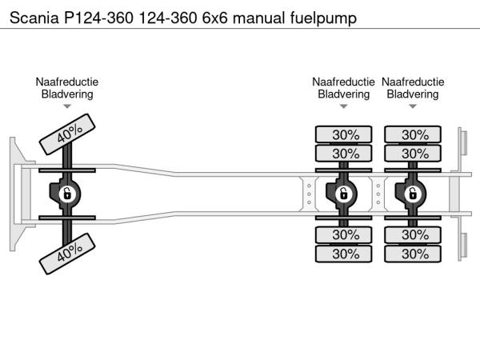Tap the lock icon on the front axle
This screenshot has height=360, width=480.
coord(68,193)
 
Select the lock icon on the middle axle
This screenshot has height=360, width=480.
coord(343,193)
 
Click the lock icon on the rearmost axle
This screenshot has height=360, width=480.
coord(413,193)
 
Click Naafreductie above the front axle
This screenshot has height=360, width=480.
coord(67,82)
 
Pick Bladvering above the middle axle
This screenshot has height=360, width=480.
coord(343,94)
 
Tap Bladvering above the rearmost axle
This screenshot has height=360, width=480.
coord(413,94)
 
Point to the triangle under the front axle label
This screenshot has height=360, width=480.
coord(67,106)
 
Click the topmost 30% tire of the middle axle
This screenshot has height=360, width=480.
coord(343,134)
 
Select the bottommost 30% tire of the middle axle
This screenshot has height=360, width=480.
coord(343,254)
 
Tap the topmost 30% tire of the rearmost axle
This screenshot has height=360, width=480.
coord(413,134)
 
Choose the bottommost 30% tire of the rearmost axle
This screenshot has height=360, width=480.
coord(413,254)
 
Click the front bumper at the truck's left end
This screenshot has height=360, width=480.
coord(15,193)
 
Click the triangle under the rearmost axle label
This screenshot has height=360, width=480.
coord(413,106)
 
